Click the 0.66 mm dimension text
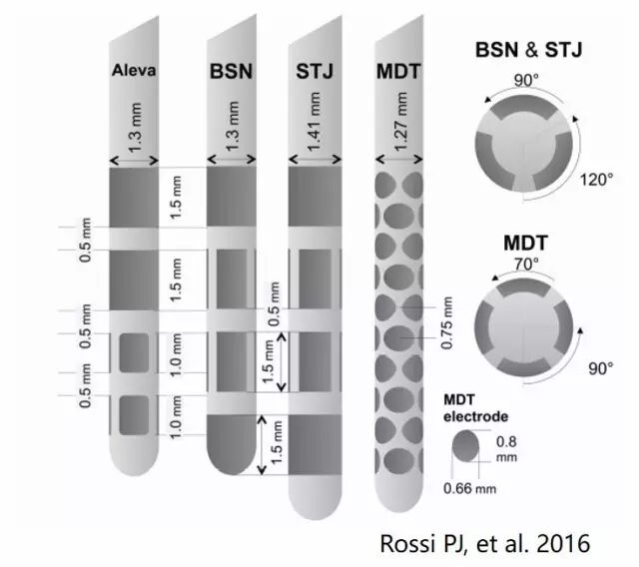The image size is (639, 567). [x=469, y=490]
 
